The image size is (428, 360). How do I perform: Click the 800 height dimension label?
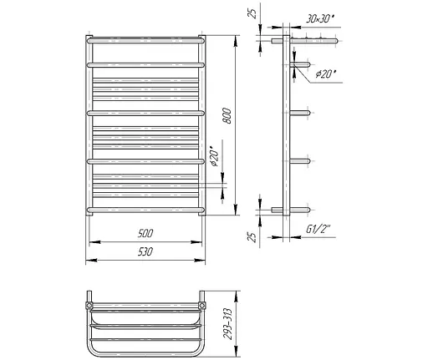(x=227, y=116)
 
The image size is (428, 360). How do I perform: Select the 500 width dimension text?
(x=145, y=233)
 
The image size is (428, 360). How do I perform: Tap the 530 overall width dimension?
(x=145, y=251)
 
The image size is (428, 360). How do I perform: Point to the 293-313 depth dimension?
(x=228, y=324)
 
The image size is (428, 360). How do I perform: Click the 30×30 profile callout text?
(x=319, y=19)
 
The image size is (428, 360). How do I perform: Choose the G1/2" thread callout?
(x=318, y=229)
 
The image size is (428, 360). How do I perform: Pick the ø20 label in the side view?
(x=326, y=74)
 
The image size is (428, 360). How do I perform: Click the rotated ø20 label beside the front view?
(x=215, y=156)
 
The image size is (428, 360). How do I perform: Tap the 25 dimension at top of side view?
(x=252, y=13)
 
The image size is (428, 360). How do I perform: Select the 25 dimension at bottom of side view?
(x=252, y=237)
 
